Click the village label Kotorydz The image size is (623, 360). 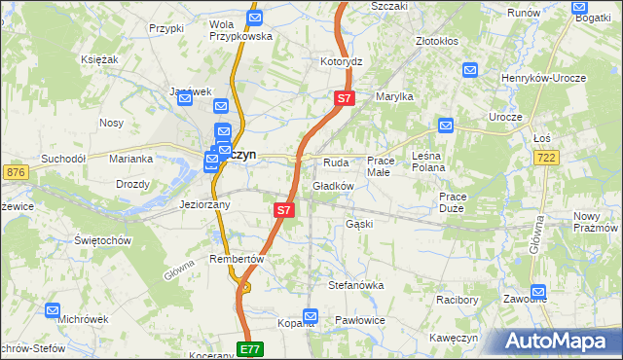tap(341, 61)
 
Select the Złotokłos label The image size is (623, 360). tap(437, 43)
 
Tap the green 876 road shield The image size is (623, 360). tap(15, 171)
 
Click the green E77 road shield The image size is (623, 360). tap(250, 348)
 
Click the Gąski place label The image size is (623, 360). tap(359, 224)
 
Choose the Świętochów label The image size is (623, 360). tap(101, 239)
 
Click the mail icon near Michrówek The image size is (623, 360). tap(54, 310)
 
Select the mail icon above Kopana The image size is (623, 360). tap(311, 315)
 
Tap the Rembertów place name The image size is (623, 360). tap(238, 259)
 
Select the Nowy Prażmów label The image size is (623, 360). tap(597, 221)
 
